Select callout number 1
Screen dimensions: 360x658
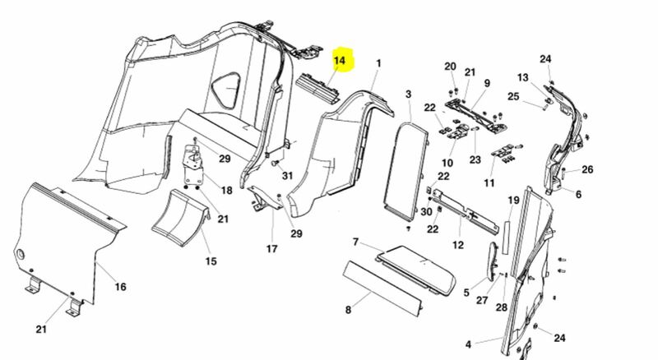click(379, 63)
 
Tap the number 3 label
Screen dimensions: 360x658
click(408, 96)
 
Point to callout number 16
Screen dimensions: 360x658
click(120, 287)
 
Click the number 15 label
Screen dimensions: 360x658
click(211, 261)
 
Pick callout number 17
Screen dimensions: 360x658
click(272, 248)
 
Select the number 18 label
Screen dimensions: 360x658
click(225, 190)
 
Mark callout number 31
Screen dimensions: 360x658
click(287, 176)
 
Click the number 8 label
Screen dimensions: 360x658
click(348, 310)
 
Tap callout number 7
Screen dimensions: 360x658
click(355, 242)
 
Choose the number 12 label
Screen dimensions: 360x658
click(458, 245)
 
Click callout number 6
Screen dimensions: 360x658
click(578, 195)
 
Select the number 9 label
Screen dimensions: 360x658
click(486, 83)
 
